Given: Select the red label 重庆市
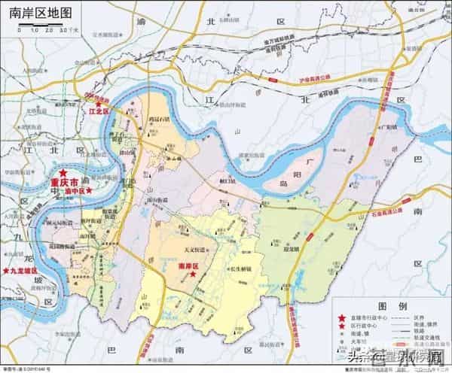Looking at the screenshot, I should pos(64,183).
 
